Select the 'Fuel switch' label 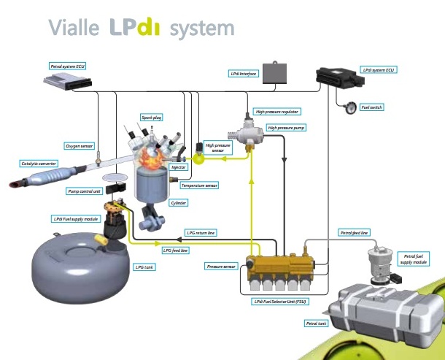pos(372,107)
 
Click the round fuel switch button pos(349,107)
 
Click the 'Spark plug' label pos(152,116)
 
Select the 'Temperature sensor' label pos(198,185)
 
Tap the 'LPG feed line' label pos(175,250)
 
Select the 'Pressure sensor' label pos(220,267)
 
